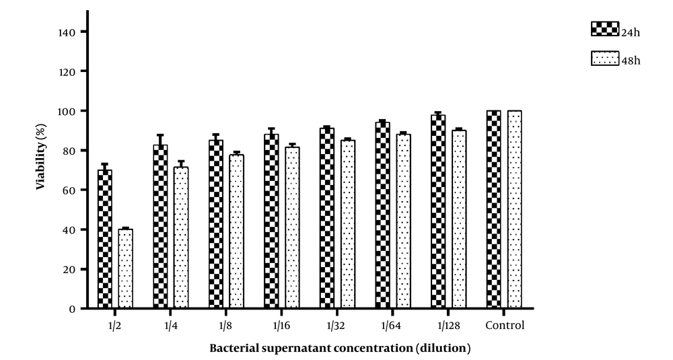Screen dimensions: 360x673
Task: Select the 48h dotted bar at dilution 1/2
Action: pos(126,268)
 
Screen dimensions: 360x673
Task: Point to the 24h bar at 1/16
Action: pos(271,221)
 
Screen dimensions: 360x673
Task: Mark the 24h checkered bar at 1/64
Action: pos(382,215)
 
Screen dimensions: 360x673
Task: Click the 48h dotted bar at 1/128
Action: pos(459,219)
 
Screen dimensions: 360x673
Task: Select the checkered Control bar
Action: pos(493,209)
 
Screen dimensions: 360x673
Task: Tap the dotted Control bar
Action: pos(515,209)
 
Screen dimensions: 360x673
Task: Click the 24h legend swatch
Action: pos(604,28)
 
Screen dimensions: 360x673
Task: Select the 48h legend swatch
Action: pos(604,59)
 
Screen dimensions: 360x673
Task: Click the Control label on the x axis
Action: pos(504,326)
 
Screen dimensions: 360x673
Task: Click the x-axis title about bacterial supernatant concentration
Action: pos(340,348)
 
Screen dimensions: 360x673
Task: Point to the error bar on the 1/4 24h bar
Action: pos(160,139)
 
